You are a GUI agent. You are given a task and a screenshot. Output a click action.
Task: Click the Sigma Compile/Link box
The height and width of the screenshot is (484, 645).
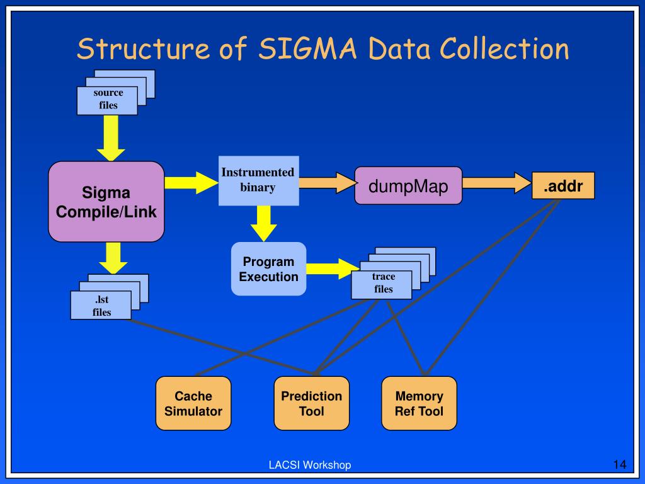coord(106,202)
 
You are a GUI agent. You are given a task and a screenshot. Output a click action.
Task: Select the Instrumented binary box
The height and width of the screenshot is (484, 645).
coord(258,180)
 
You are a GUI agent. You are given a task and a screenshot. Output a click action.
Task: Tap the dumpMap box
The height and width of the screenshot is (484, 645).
coord(408,186)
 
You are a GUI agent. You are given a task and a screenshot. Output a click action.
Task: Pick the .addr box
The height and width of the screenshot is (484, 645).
coord(562,186)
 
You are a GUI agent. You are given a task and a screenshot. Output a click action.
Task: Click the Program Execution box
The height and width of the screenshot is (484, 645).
coord(269,269)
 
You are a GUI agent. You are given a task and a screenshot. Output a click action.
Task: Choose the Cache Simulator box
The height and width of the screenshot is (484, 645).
coord(193,404)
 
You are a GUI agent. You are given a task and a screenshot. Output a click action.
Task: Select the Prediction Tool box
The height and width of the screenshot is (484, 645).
coord(311,404)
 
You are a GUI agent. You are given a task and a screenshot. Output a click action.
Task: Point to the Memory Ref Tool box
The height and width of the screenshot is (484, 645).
coord(419,404)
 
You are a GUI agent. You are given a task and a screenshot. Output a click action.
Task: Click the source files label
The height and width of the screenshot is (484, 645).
coord(108,100)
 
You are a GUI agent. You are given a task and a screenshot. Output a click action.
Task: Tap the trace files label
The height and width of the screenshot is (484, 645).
coord(383,284)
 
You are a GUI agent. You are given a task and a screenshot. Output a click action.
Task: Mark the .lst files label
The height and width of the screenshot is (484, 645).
coord(101,306)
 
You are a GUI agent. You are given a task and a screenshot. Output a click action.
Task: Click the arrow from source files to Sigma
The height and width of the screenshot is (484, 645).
coord(111,141)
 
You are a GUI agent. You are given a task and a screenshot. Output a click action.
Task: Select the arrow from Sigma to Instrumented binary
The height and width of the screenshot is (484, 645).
coord(190,183)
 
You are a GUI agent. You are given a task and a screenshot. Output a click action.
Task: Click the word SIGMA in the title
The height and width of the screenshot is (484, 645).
coord(301,49)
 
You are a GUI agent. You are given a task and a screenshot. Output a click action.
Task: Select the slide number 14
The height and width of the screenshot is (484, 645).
coord(619,465)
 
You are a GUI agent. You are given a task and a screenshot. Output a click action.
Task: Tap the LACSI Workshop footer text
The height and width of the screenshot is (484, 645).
coord(310,465)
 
